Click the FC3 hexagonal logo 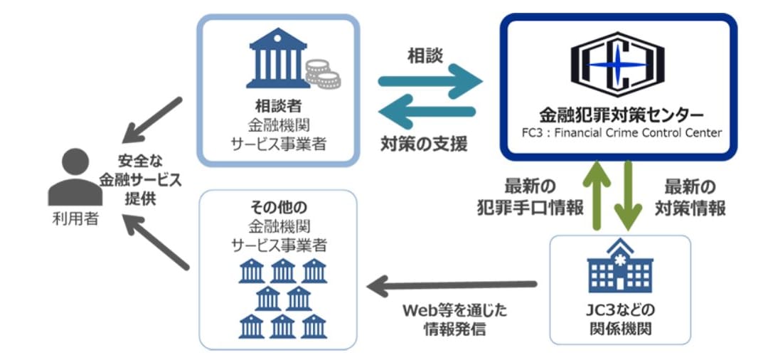[617, 64]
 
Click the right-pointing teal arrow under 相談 [430, 81]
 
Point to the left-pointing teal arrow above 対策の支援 [427, 111]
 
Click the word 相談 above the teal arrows [425, 56]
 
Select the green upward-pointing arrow [596, 195]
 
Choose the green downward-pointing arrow [628, 195]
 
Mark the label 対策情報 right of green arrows [690, 208]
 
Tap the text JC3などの [620, 310]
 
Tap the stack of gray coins [323, 74]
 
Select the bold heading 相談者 [278, 105]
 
